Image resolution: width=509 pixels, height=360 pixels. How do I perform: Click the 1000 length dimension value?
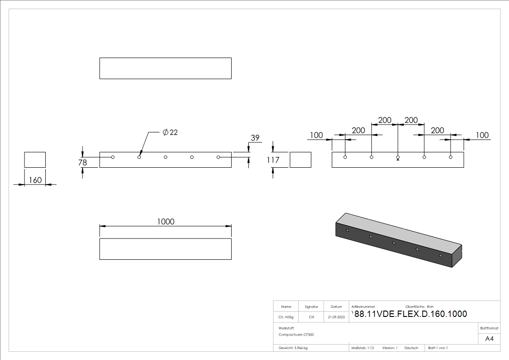pos(165,221)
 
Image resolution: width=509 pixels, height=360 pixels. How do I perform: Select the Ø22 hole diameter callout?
pos(170,132)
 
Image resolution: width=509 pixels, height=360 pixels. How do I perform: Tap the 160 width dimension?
pos(35,180)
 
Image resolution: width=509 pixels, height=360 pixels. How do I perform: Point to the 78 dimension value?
pos(82,162)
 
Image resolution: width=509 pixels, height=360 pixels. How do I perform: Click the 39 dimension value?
pos(255,138)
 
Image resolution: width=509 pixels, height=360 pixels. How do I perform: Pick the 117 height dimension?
pos(273,160)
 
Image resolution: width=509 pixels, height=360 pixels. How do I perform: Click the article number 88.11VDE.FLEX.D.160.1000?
pos(410,314)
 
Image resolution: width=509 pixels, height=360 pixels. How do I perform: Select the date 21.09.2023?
pos(336,317)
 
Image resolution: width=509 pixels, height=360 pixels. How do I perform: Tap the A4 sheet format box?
pos(490,339)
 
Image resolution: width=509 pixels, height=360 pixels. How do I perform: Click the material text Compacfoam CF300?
pos(296,335)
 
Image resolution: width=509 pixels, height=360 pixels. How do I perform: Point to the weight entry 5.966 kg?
pos(293,348)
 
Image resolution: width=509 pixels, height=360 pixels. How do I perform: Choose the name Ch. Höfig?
pos(286,317)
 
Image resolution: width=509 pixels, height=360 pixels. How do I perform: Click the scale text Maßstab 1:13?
pos(363,348)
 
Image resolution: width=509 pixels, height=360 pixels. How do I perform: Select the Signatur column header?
pos(311,306)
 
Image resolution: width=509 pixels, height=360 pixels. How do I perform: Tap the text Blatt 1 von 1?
pos(438,348)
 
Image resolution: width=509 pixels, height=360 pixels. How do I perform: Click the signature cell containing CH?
pos(311,317)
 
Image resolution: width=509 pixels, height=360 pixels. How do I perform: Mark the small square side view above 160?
pos(35,160)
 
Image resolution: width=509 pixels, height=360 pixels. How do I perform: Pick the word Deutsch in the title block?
pos(411,348)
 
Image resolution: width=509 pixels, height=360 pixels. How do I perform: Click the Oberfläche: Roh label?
pos(419,306)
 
